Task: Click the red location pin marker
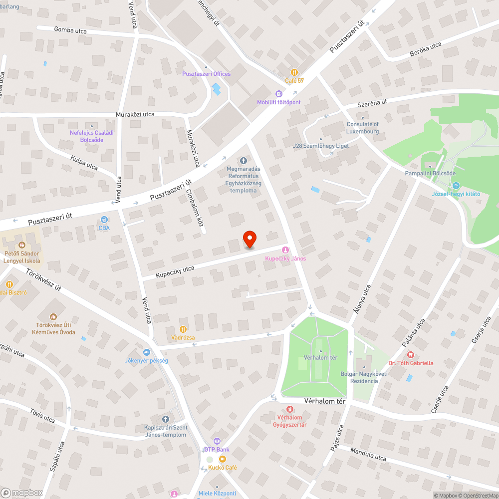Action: (x=249, y=239)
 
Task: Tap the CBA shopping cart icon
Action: (x=104, y=220)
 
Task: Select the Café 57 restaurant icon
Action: (x=294, y=72)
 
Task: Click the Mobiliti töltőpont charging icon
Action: (x=279, y=94)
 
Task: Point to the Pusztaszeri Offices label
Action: (x=206, y=74)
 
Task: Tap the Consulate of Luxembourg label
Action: (x=363, y=128)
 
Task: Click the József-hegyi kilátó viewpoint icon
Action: (x=456, y=185)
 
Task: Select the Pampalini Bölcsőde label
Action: (x=430, y=173)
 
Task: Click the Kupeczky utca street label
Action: (x=175, y=272)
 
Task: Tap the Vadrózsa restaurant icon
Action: (x=183, y=329)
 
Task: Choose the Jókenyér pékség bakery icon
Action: (x=146, y=352)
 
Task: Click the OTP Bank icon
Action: (x=217, y=441)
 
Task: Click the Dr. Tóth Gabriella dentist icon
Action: (x=411, y=355)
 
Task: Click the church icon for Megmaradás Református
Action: (x=244, y=160)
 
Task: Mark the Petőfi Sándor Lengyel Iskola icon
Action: (x=21, y=245)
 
